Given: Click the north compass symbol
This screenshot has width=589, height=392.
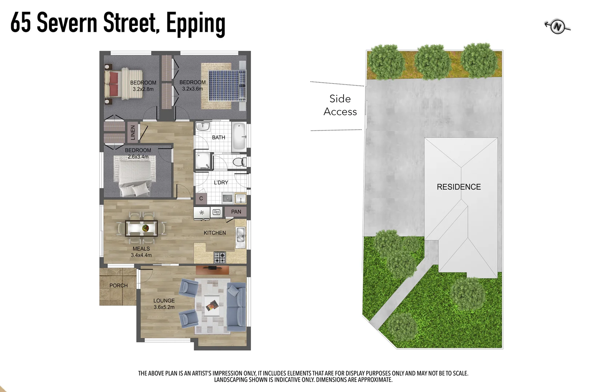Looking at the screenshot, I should tap(557, 26).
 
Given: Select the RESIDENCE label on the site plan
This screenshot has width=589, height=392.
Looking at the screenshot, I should tap(458, 187).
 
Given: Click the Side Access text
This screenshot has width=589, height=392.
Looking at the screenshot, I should tap(340, 105).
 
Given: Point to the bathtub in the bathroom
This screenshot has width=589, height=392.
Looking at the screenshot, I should tap(239, 137).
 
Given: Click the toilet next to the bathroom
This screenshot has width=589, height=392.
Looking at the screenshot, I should tap(239, 162).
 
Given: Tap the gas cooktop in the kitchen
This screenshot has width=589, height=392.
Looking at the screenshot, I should tap(220, 258).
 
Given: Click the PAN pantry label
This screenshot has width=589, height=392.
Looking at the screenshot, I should tap(236, 212).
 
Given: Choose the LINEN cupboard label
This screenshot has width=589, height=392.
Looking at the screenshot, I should tap(133, 132).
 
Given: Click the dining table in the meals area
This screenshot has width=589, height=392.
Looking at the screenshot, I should tap(141, 228).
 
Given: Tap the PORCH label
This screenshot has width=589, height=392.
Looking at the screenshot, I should tap(119, 286).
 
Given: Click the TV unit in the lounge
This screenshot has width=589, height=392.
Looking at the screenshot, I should tap(212, 269).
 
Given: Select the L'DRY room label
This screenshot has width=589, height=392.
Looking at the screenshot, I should tap(221, 182).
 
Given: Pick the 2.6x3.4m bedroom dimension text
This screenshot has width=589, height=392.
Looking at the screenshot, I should tap(138, 157).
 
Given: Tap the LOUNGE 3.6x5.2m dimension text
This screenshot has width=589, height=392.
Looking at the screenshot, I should tap(164, 307).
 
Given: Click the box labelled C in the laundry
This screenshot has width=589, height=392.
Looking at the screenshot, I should tap(201, 199).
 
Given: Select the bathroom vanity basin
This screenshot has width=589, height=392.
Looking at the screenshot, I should tap(203, 127).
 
